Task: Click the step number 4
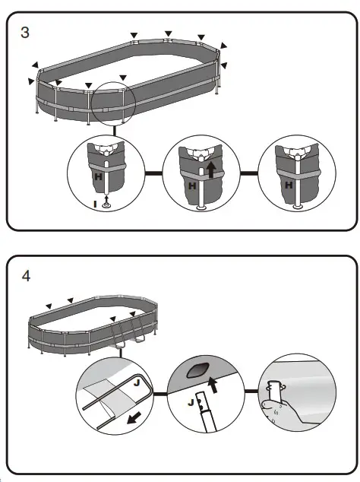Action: click(26, 275)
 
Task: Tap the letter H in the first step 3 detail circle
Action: click(98, 175)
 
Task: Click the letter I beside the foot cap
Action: click(95, 204)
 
